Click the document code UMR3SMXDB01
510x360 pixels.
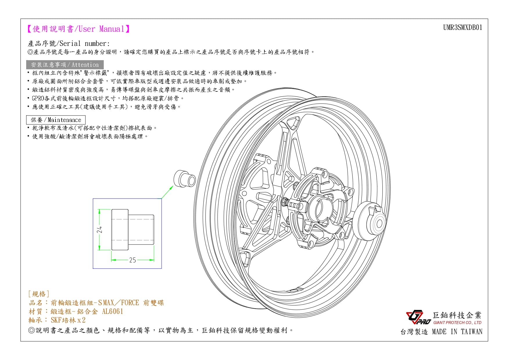click(463, 28)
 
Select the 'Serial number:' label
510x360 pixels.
click(85, 44)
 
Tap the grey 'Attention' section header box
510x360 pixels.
click(65, 65)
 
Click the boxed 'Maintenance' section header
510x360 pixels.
click(56, 120)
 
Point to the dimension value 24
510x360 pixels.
click(100, 230)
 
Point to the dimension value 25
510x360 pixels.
click(133, 260)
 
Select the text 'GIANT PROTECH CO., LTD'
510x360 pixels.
click(457, 323)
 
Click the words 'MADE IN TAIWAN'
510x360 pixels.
click(457, 332)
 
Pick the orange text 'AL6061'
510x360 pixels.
click(112, 312)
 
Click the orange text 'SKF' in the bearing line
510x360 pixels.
click(56, 320)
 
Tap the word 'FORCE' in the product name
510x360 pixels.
click(130, 303)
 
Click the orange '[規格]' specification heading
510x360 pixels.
click(39, 294)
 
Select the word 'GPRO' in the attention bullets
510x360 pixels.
click(38, 98)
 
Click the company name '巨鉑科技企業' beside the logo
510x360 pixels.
click(457, 315)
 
